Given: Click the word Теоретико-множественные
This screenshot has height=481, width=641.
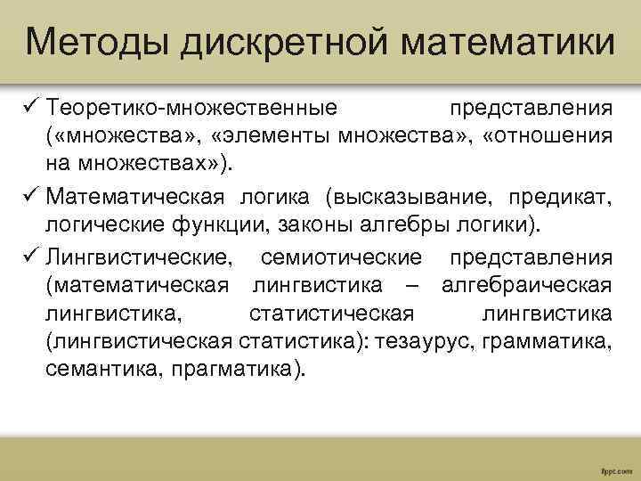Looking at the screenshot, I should coord(192,109).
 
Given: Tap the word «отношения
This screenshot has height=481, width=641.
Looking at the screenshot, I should coord(548,137).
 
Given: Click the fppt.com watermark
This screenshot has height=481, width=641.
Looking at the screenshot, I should coord(616,467).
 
